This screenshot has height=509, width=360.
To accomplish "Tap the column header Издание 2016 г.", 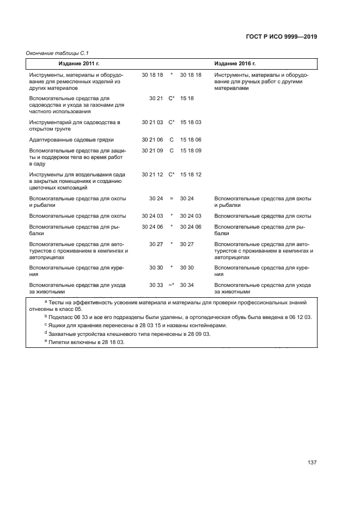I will tap(235, 64).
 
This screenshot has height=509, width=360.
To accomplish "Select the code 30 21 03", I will tap(152, 122).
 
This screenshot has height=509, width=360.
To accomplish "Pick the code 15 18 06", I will tap(191, 140).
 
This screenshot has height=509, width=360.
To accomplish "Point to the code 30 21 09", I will tap(152, 150).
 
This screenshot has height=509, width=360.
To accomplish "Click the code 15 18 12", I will tap(191, 175).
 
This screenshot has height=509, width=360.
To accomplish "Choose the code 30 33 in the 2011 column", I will tap(156, 285).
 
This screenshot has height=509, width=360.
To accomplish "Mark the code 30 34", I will tap(187, 285).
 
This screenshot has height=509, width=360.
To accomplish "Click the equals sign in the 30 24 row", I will tap(172, 199).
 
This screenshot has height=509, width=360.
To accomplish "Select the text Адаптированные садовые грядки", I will tap(68, 140).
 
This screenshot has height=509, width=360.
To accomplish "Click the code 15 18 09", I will tap(191, 150).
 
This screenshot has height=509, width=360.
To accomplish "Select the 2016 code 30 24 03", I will tap(191, 216).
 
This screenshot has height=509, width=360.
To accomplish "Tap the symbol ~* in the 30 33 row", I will tap(171, 285).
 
